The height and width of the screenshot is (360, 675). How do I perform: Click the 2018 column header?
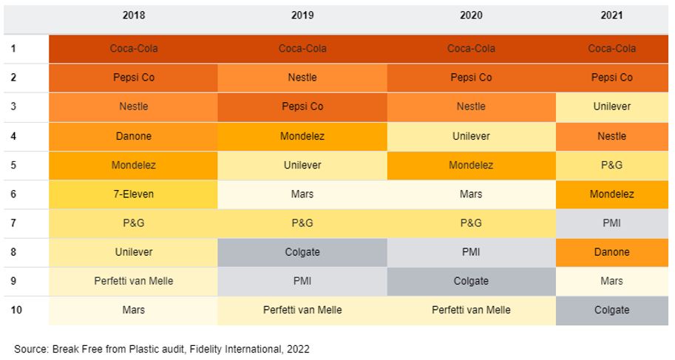tap(134, 16)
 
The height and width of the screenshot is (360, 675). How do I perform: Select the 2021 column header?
tap(611, 16)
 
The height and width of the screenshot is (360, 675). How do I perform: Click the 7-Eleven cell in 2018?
tap(133, 194)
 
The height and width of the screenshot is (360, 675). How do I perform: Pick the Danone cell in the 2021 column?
tap(611, 252)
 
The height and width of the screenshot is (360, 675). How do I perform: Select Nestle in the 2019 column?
tap(302, 78)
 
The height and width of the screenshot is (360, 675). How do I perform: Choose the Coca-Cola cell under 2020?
tap(471, 49)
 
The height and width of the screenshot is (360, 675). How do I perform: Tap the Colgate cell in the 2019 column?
tap(302, 252)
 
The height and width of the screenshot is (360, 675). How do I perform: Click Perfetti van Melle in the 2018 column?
tap(133, 281)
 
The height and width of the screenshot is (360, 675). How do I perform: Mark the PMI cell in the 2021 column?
tap(611, 223)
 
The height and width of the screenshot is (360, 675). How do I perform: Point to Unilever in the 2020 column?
tap(471, 136)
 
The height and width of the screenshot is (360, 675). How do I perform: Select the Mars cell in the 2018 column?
tap(133, 310)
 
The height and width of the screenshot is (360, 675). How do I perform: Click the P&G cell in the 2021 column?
tap(611, 165)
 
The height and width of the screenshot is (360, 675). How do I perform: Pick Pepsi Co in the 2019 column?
tap(302, 106)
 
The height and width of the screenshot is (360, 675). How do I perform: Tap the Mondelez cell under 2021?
tap(611, 194)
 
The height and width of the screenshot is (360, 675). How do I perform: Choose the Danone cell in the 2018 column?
tap(133, 136)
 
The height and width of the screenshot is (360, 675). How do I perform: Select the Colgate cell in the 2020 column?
tap(471, 281)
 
